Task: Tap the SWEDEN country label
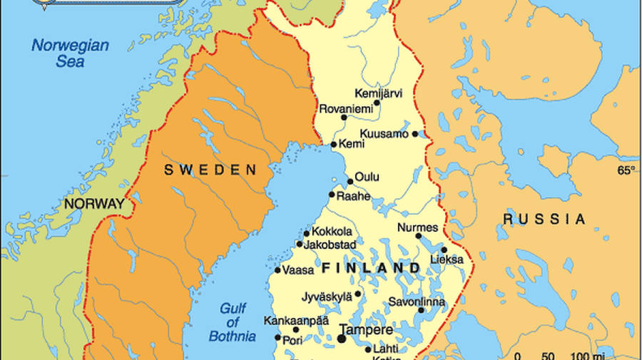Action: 210,170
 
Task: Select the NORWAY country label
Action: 94,204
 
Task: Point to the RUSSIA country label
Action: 544,219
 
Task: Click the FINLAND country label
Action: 371,268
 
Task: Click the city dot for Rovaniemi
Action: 344,118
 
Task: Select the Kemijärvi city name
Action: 378,93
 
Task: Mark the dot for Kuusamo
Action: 415,134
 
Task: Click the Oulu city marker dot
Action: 350,181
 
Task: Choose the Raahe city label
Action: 354,195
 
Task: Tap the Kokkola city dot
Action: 307,233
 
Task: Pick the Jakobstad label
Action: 330,245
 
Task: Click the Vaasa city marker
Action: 277,270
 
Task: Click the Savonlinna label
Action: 417,302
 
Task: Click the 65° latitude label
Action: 626,170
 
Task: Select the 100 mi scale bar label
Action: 584,355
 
